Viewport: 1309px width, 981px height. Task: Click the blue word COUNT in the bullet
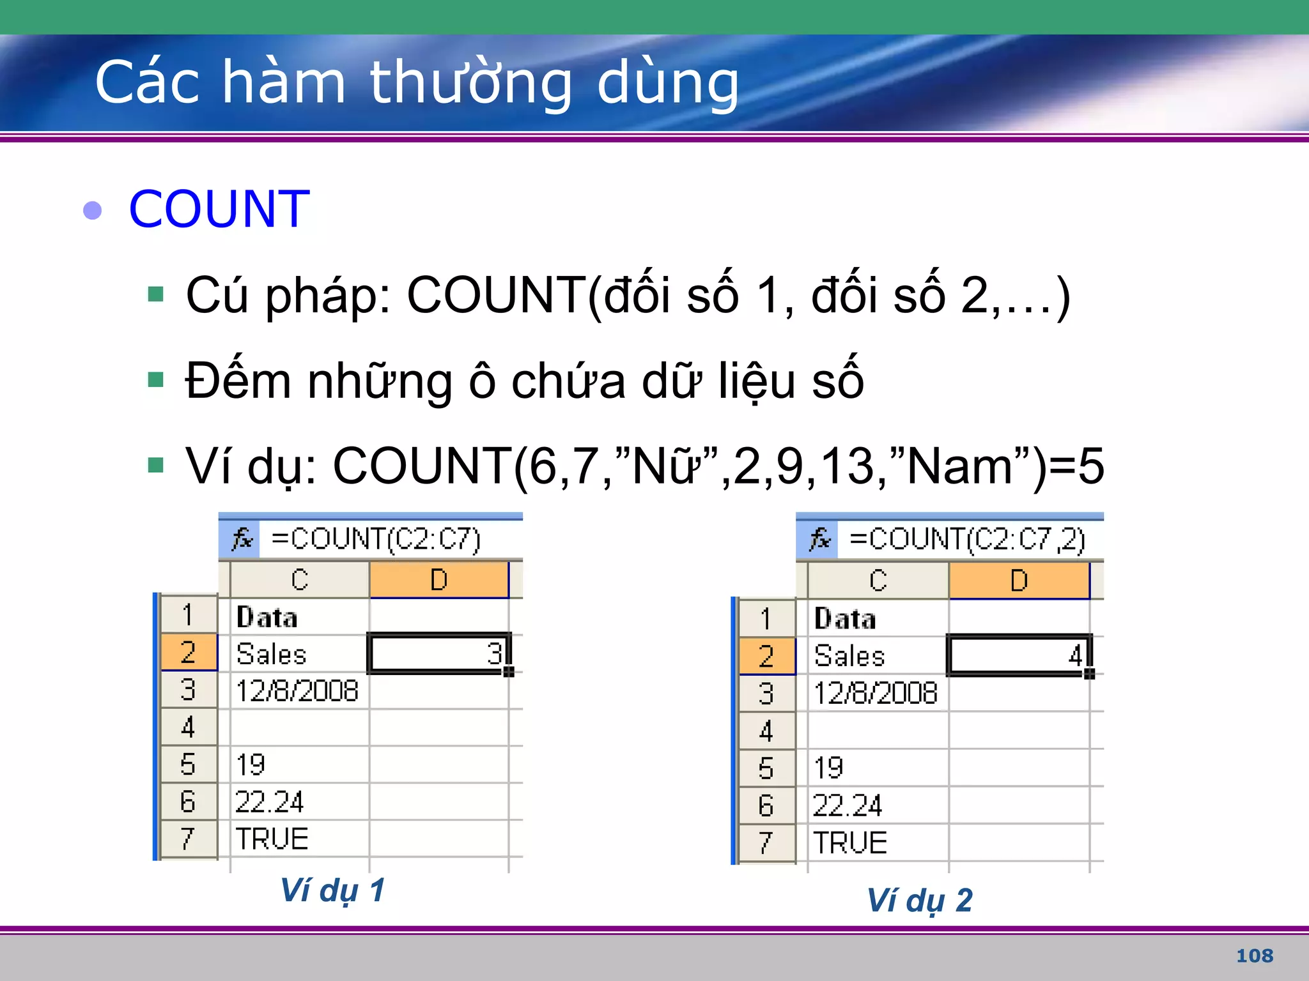point(219,209)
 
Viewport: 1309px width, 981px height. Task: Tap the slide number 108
point(1254,955)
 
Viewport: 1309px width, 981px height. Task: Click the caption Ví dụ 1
point(332,890)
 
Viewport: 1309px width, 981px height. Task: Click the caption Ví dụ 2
point(919,900)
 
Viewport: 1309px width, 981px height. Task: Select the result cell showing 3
point(439,653)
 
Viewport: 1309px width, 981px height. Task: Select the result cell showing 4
point(1019,655)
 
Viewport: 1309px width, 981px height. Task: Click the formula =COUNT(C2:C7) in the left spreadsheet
point(376,538)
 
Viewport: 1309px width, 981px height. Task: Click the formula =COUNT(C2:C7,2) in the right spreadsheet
point(966,539)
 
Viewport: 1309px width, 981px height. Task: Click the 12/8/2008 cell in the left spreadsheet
point(297,690)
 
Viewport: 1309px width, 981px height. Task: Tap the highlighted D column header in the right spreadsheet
point(1019,581)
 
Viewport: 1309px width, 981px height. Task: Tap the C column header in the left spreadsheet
point(299,580)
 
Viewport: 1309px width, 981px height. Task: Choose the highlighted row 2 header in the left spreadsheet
point(188,652)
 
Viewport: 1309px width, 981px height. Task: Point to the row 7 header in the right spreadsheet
point(766,842)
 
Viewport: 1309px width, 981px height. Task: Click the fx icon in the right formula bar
point(819,539)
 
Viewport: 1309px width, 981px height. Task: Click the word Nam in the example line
point(959,466)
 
